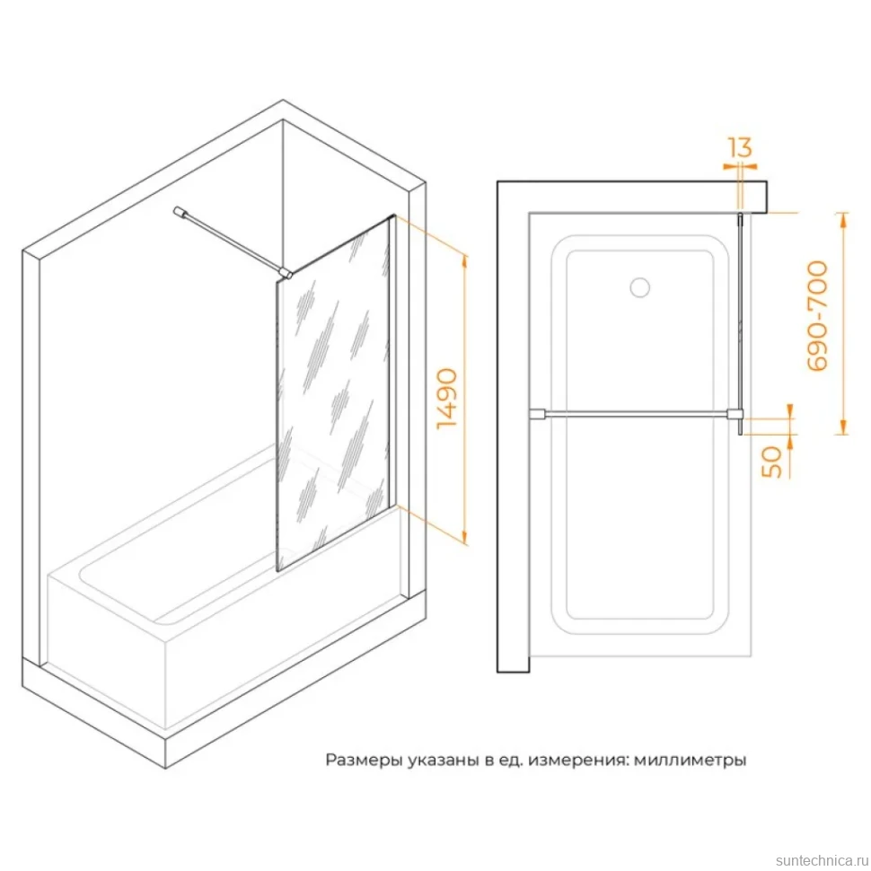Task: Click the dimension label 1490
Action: pos(447,399)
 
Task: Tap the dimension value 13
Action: pos(740,147)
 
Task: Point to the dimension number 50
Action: pos(771,462)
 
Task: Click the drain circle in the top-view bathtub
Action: pos(640,286)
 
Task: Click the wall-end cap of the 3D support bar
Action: pos(180,212)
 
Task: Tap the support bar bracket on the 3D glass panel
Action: pos(285,273)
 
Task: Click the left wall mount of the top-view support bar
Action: pos(537,414)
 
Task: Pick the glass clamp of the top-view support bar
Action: pos(735,414)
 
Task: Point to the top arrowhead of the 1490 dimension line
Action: pos(464,261)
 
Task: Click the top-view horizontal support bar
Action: pos(636,414)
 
